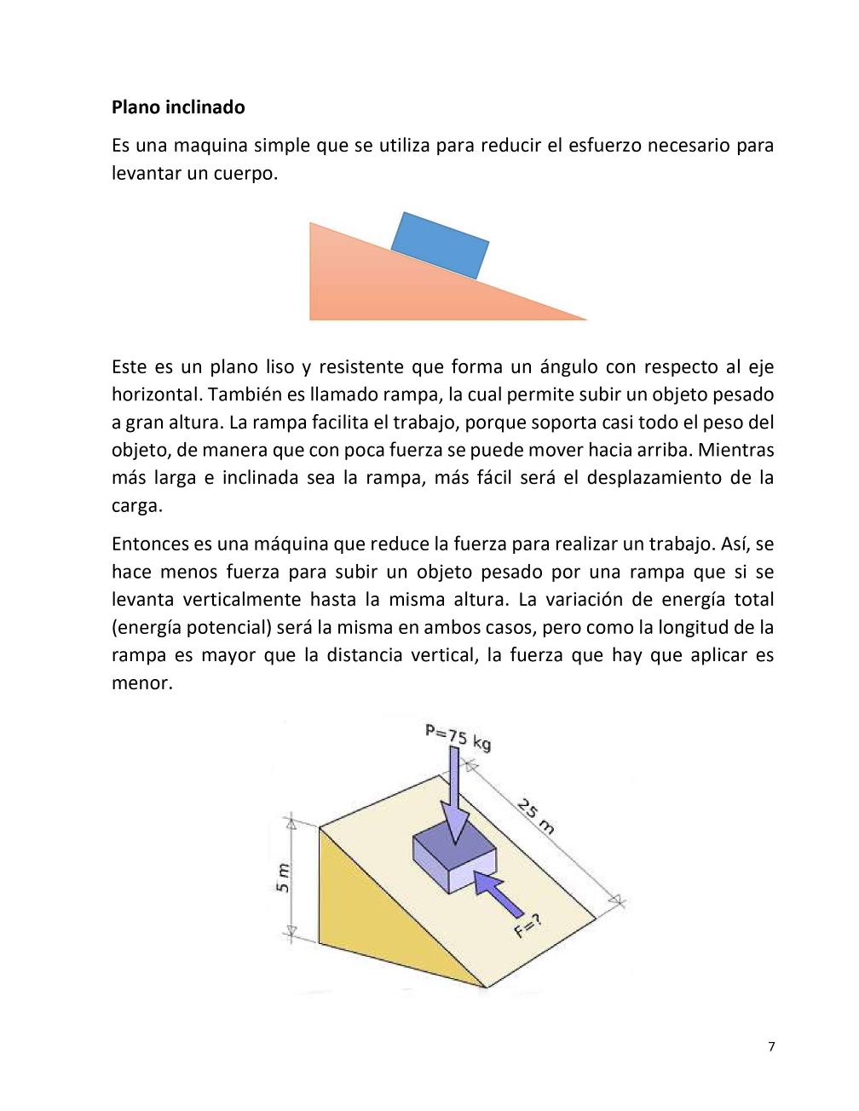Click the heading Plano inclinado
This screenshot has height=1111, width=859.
point(178,107)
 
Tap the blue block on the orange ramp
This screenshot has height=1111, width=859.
point(440,245)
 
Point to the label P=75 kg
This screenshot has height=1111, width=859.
point(458,737)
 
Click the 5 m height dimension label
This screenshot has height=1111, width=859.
point(283,877)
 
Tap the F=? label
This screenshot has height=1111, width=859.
point(528,925)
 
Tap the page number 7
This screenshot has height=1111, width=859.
point(771,1047)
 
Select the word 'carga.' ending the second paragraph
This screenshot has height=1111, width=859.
point(136,505)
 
